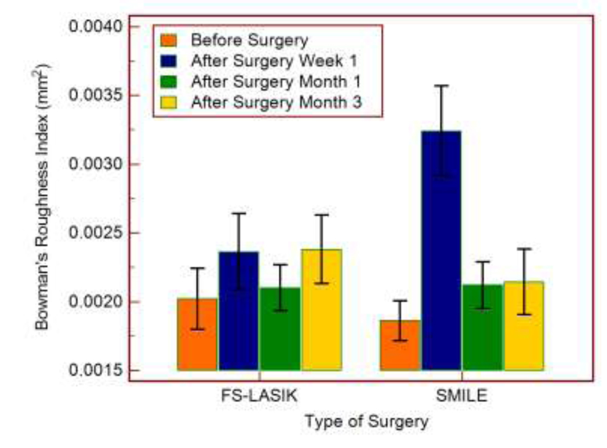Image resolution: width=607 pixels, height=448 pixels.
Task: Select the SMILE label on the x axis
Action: tap(461, 398)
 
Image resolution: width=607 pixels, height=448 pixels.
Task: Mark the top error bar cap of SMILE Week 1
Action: tap(441, 86)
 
